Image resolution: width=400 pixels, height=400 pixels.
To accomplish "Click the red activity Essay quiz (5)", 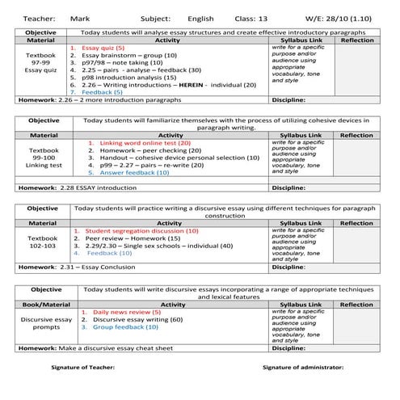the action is [x=108, y=48].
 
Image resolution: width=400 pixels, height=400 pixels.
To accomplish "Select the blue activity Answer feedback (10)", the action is [x=134, y=172].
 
